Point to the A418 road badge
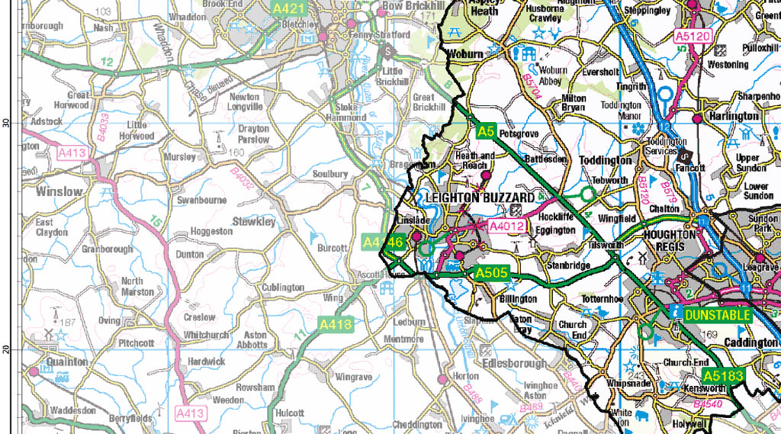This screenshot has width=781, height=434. [336, 325]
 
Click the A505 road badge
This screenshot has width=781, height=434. [490, 273]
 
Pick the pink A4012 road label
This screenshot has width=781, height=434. [507, 226]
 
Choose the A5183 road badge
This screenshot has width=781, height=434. [723, 376]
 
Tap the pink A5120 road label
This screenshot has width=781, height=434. [693, 36]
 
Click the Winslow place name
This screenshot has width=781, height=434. [59, 191]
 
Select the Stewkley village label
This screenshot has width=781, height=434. [254, 222]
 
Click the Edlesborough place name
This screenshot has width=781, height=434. [514, 364]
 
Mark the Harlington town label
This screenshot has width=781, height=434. [734, 116]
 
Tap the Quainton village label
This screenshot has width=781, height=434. [67, 362]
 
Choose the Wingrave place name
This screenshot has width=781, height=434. [353, 377]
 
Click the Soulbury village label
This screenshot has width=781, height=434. [329, 174]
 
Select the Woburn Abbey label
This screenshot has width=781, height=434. [553, 76]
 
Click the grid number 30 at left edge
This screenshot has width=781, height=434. [6, 122]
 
